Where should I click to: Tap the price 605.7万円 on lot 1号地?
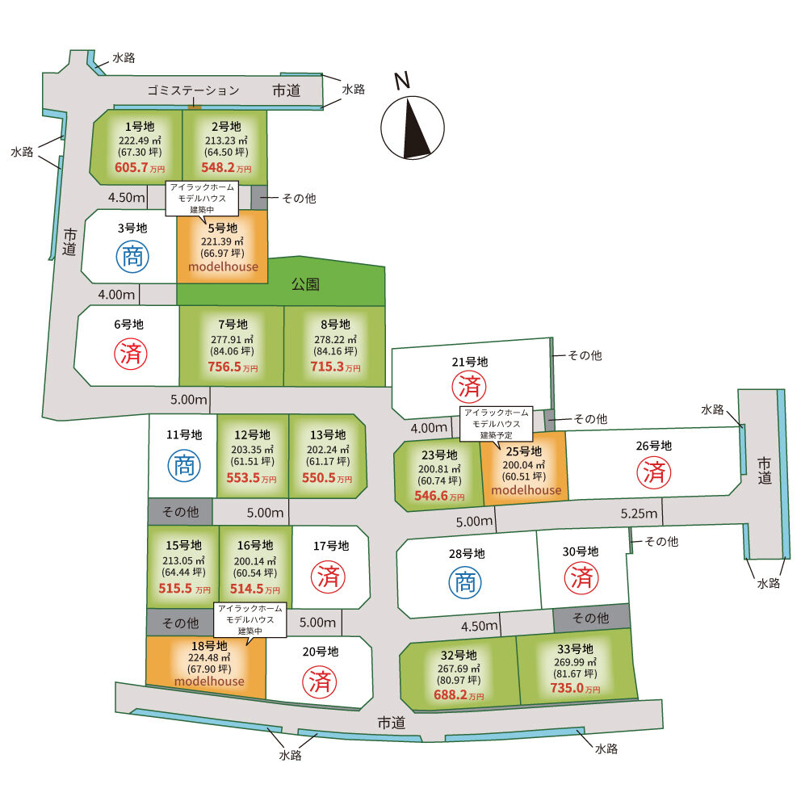pyautogui.click(x=140, y=168)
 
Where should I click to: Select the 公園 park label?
pyautogui.click(x=305, y=284)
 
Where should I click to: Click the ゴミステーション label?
pyautogui.click(x=193, y=90)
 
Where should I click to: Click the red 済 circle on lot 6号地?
pyautogui.click(x=128, y=354)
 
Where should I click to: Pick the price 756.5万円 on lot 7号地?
pyautogui.click(x=232, y=367)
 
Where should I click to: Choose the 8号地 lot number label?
pyautogui.click(x=334, y=324)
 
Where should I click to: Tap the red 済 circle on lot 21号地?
pyautogui.click(x=470, y=386)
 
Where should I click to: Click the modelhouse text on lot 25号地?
pyautogui.click(x=525, y=490)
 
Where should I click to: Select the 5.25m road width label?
pyautogui.click(x=640, y=514)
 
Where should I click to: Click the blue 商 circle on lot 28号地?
pyautogui.click(x=465, y=583)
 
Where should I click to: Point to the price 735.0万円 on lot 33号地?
pyautogui.click(x=576, y=689)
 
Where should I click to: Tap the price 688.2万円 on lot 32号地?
pyautogui.click(x=459, y=694)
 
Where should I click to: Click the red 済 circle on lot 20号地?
pyautogui.click(x=318, y=681)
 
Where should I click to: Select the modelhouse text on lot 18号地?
pyautogui.click(x=208, y=681)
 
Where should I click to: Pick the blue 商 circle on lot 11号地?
pyautogui.click(x=182, y=467)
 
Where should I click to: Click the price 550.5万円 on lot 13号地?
pyautogui.click(x=327, y=478)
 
